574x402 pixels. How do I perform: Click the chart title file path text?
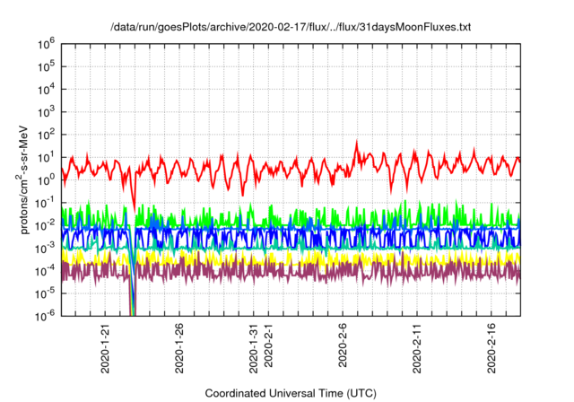290,28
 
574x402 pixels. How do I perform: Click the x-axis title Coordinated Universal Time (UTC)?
289,393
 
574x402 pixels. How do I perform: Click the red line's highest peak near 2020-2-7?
357,141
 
